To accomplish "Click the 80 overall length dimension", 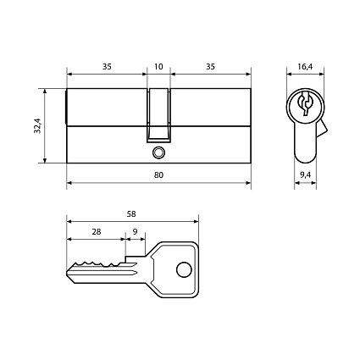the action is [x=158, y=175].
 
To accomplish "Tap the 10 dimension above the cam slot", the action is [x=158, y=67].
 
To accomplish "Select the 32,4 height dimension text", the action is [x=38, y=125].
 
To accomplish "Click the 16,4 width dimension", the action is [x=305, y=67].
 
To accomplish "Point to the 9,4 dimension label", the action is [x=305, y=175].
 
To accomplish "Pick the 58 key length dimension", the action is [x=131, y=214].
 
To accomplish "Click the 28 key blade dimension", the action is [x=97, y=232].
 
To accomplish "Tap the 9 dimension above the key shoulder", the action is [x=135, y=232].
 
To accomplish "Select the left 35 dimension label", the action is [x=107, y=67].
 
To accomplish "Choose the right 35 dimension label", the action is [x=210, y=67].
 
